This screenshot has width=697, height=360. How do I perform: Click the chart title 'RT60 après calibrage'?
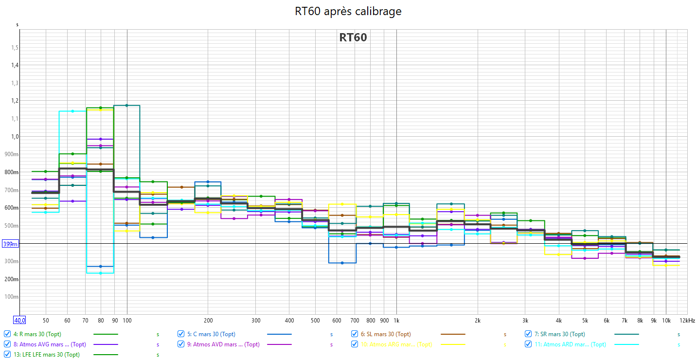(348, 11)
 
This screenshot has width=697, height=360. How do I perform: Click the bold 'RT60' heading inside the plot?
(353, 37)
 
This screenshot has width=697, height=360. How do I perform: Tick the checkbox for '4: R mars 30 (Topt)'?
(7, 334)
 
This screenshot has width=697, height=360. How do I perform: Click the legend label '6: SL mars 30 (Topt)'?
(385, 334)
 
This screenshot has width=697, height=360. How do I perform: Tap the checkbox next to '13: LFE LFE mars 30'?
(7, 355)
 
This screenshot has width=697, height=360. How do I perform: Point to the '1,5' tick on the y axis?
(14, 48)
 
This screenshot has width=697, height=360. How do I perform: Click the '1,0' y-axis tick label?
(14, 137)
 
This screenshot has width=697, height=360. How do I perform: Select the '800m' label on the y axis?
(12, 172)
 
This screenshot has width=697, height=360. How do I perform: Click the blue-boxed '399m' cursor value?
(10, 244)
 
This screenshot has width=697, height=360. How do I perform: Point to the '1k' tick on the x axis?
(396, 320)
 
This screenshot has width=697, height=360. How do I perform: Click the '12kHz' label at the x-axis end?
(687, 320)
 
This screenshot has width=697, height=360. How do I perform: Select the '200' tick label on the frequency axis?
(208, 320)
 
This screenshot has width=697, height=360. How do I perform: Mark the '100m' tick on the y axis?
(12, 297)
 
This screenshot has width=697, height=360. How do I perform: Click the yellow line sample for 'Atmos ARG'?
(453, 344)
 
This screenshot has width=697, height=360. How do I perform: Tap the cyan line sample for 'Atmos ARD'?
(626, 344)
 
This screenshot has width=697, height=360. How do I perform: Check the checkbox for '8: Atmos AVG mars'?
(7, 344)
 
